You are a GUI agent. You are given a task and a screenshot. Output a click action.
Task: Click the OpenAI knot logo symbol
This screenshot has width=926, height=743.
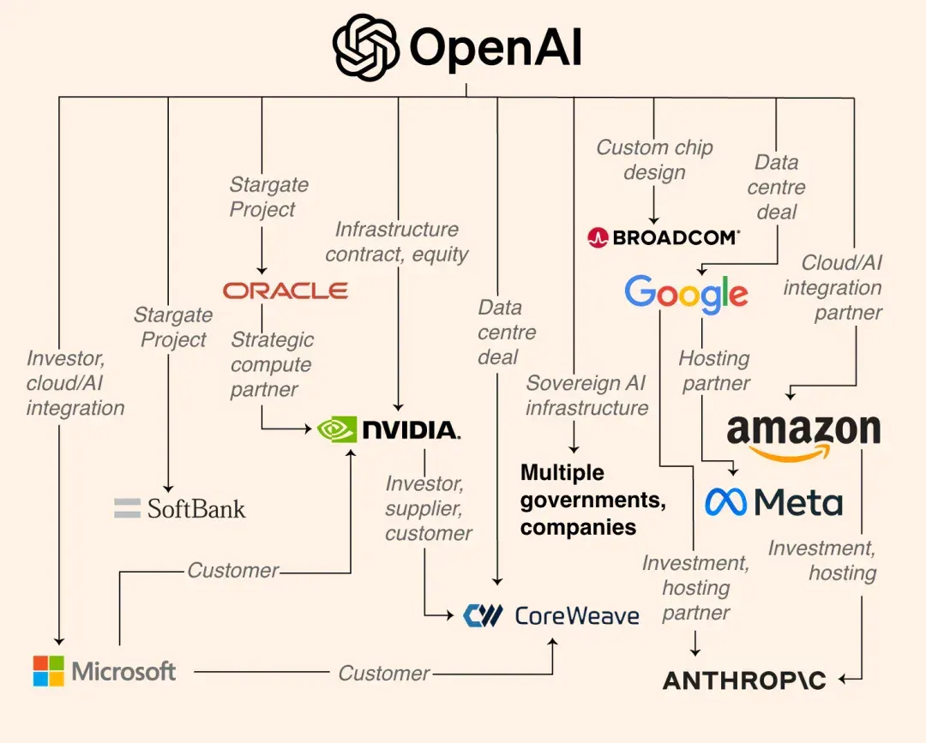365,47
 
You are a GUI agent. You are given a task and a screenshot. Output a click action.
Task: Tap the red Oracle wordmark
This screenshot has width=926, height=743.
286,291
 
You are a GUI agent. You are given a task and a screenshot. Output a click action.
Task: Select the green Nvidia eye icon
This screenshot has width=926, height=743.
337,429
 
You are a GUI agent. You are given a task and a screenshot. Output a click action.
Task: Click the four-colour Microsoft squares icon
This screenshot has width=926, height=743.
48,671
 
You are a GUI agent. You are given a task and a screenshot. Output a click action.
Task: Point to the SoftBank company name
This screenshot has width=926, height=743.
196,509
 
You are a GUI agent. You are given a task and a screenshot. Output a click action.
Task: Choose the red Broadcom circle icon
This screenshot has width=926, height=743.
598,238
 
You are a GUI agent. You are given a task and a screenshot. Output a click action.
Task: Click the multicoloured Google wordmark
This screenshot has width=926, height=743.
686,293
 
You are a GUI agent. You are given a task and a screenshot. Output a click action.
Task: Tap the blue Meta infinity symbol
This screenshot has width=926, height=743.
726,502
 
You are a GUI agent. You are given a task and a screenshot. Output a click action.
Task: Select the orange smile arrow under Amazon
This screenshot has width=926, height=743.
790,453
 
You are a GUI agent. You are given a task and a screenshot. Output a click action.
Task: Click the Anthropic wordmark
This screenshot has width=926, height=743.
744,680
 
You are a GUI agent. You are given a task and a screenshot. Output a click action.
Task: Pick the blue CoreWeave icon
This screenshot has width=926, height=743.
483,615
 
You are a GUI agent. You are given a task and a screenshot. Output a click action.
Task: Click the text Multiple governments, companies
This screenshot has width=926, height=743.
593,500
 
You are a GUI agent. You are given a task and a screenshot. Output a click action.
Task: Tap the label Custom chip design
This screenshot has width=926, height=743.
654,160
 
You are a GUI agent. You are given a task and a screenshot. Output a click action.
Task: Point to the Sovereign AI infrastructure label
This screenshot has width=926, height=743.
587,395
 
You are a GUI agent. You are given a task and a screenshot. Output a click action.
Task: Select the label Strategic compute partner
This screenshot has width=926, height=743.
272,365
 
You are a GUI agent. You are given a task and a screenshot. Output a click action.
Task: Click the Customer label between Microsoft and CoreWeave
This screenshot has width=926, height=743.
384,673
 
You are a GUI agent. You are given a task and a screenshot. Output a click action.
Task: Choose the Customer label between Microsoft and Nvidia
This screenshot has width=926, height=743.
232,571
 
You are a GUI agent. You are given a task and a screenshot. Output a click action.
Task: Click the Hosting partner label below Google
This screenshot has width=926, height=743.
714,370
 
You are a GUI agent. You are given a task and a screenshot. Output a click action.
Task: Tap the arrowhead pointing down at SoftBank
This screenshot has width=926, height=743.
168,488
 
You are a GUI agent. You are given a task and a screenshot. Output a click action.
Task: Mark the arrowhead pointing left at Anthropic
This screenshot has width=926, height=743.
843,680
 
